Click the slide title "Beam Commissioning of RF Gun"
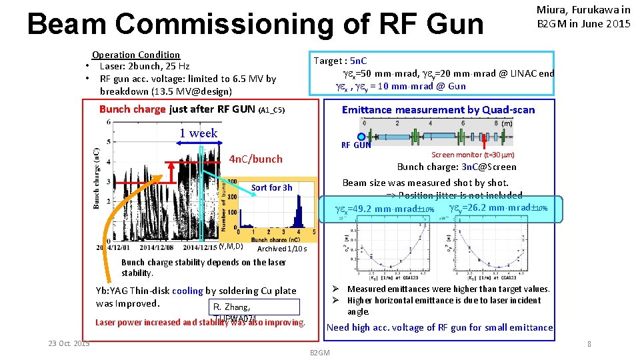(x=255, y=25)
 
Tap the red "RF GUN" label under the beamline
(x=356, y=145)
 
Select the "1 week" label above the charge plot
(x=198, y=133)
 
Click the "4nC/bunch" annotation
(x=255, y=159)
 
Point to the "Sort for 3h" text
(x=271, y=188)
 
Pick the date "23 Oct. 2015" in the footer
(x=69, y=343)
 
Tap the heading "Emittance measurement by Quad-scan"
(x=438, y=110)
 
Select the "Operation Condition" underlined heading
(x=136, y=55)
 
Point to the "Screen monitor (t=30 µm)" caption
(x=473, y=155)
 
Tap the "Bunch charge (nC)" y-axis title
(x=97, y=179)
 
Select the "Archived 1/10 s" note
(x=282, y=249)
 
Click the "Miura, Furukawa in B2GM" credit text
(x=583, y=17)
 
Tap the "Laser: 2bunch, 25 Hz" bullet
(x=144, y=66)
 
